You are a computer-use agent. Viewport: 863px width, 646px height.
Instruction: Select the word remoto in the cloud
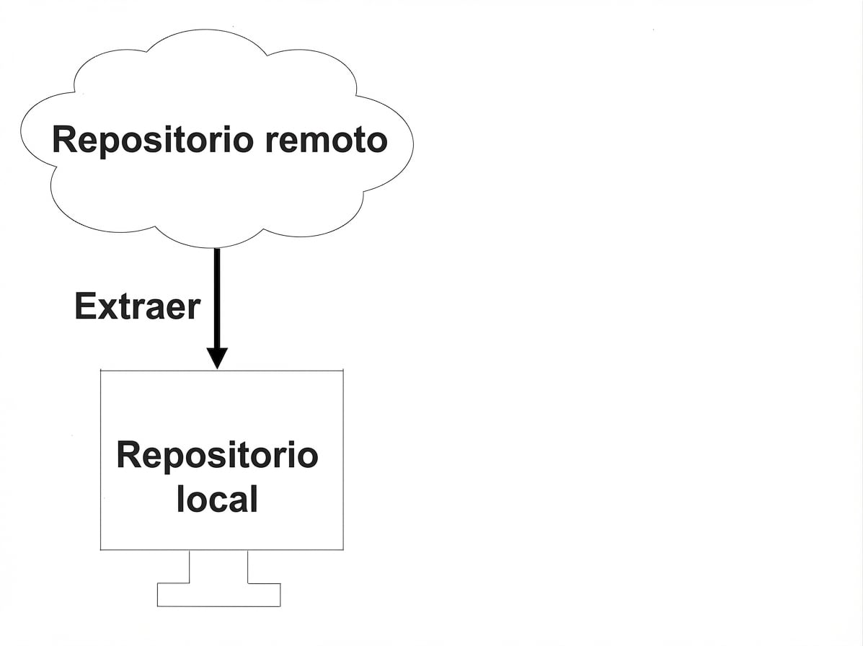[326, 140]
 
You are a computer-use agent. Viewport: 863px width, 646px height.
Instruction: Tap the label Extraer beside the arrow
[137, 307]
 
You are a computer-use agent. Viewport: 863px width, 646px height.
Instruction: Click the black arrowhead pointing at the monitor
[217, 358]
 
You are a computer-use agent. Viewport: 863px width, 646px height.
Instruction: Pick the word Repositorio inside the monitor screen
[217, 456]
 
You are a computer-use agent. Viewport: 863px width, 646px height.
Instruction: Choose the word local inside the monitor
[217, 499]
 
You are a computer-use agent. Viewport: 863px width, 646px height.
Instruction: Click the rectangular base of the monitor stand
[218, 595]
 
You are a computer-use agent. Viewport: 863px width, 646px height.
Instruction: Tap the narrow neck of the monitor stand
[218, 567]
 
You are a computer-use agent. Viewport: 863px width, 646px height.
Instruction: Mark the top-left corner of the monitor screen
[100, 371]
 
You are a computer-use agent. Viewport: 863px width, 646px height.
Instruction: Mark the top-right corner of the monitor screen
[343, 371]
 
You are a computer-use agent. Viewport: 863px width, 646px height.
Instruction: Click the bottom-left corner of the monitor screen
[100, 550]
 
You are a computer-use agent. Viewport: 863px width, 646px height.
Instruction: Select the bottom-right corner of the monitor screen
[343, 550]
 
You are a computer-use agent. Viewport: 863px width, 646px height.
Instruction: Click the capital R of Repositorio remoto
[64, 140]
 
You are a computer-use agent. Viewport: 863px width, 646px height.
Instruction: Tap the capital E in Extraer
[84, 307]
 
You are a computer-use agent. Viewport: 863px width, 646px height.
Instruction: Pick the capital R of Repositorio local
[129, 456]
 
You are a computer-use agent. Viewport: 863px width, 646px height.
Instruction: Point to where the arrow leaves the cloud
[217, 249]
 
